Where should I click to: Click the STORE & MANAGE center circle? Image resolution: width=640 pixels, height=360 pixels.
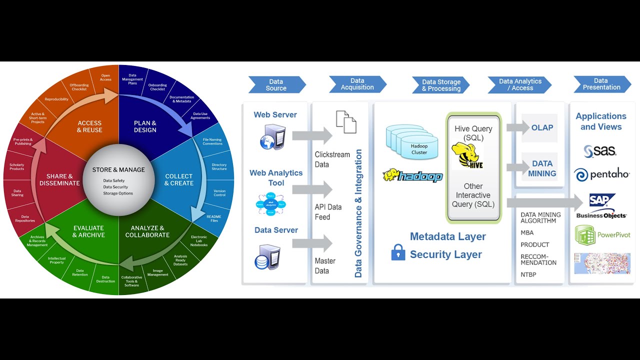pyautogui.click(x=118, y=180)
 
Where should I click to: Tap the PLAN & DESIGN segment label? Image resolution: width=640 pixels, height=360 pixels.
pyautogui.click(x=145, y=126)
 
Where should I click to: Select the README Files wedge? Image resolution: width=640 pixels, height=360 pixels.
pyautogui.click(x=213, y=218)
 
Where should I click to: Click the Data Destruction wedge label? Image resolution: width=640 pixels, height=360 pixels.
pyautogui.click(x=105, y=279)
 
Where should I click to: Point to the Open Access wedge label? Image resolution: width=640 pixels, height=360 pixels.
pyautogui.click(x=105, y=77)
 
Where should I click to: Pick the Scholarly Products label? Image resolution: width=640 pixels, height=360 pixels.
pyautogui.click(x=17, y=167)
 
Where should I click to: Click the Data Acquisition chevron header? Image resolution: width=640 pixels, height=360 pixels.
pyautogui.click(x=357, y=84)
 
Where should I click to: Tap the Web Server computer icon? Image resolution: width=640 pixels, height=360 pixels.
pyautogui.click(x=272, y=137)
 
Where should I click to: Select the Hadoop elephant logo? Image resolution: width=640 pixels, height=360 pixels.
pyautogui.click(x=413, y=176)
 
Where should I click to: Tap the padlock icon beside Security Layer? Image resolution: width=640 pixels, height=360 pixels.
pyautogui.click(x=398, y=252)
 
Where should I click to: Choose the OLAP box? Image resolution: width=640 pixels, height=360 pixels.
pyautogui.click(x=542, y=127)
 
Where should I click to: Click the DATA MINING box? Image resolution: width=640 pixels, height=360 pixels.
pyautogui.click(x=542, y=168)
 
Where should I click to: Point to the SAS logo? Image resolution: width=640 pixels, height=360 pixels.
pyautogui.click(x=600, y=150)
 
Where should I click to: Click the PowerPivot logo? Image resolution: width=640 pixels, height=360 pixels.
pyautogui.click(x=602, y=235)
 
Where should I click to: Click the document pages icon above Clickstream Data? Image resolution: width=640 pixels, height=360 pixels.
pyautogui.click(x=346, y=122)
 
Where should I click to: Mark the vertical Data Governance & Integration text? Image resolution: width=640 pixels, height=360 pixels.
pyautogui.click(x=358, y=213)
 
